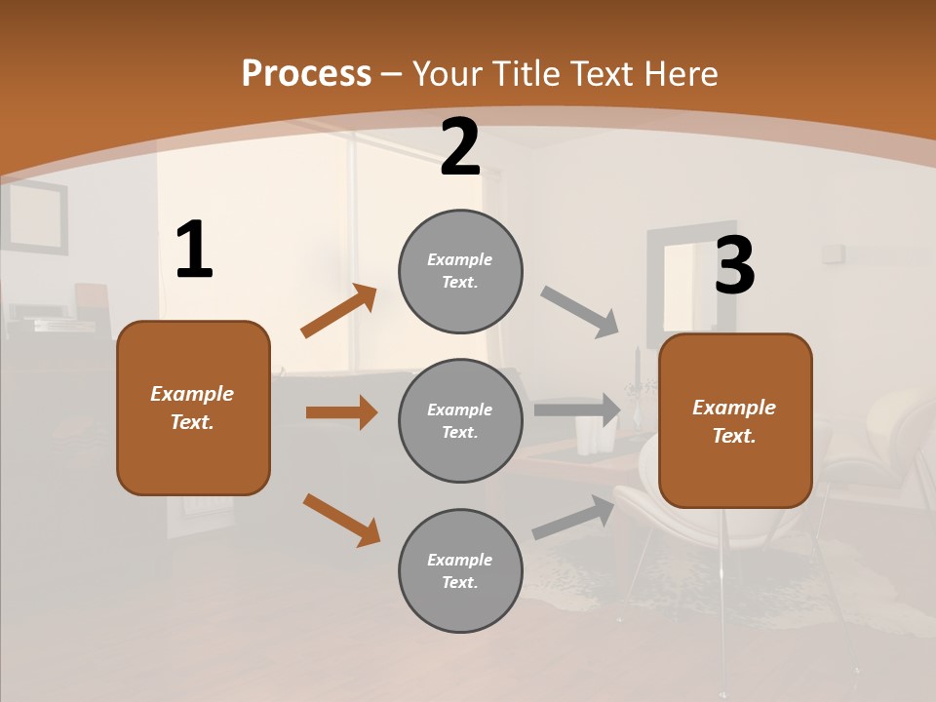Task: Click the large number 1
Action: point(194,251)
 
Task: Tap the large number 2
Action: point(460,148)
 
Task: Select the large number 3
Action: point(735,266)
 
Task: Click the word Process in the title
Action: point(306,73)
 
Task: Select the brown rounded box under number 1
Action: point(193,408)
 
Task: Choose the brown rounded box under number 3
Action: point(735,420)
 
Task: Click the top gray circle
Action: point(460,271)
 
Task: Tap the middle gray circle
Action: point(460,420)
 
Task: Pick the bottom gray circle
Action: point(460,570)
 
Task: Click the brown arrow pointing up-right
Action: point(339,311)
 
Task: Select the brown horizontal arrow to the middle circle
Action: point(341,412)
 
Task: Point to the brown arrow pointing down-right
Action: point(341,520)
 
